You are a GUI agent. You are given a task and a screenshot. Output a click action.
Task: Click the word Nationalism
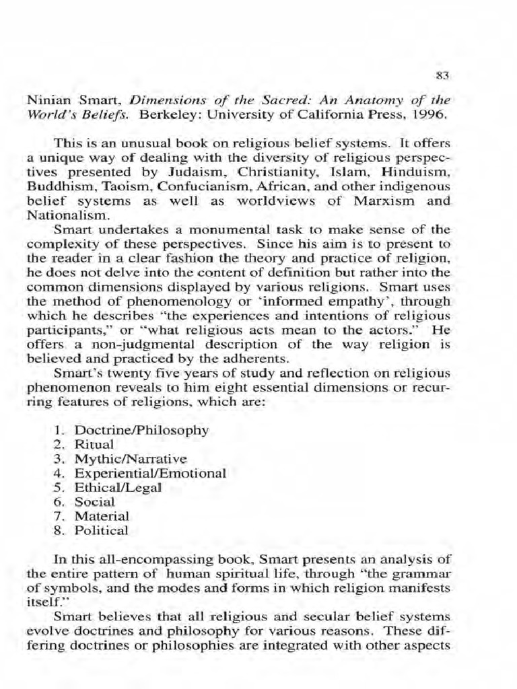(x=66, y=217)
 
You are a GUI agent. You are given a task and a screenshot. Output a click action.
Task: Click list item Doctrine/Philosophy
(x=141, y=430)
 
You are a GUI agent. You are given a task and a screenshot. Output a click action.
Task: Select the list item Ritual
(x=94, y=444)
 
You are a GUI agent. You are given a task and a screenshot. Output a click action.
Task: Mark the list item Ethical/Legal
(x=117, y=488)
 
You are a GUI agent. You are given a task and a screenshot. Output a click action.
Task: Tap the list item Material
(x=102, y=516)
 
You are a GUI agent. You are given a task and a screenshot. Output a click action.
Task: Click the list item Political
(x=101, y=530)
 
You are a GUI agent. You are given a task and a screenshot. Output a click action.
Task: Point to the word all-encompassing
(x=149, y=559)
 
